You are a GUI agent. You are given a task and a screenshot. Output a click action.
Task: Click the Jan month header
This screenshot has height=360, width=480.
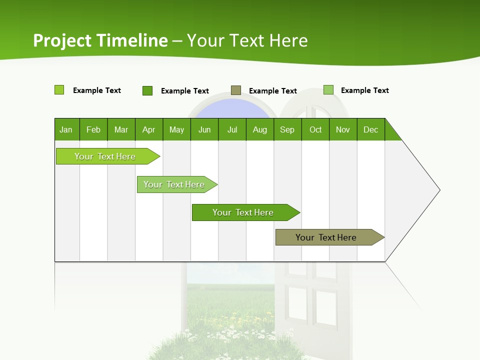(x=66, y=129)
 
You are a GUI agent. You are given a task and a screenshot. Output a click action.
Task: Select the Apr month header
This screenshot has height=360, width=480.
(x=149, y=129)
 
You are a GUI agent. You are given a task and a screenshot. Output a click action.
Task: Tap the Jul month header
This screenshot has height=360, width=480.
(x=232, y=129)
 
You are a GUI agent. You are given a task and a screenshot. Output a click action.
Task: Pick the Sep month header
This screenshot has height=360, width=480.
(x=287, y=129)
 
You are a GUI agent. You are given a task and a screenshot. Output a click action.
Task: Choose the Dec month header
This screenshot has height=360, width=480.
(x=370, y=129)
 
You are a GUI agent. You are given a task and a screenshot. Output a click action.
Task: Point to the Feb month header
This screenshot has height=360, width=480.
(x=93, y=129)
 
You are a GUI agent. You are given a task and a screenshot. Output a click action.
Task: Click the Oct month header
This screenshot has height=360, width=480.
(x=315, y=129)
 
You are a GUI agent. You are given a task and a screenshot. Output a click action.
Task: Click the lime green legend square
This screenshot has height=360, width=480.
(x=59, y=90)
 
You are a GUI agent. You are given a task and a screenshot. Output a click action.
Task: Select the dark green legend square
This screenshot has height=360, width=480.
(x=147, y=90)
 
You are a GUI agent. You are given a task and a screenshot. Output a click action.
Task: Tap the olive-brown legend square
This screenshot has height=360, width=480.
(x=236, y=90)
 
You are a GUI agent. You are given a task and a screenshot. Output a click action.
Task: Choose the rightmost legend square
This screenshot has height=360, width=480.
(x=328, y=90)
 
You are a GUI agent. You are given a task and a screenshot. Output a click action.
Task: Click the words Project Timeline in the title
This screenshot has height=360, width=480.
(x=100, y=40)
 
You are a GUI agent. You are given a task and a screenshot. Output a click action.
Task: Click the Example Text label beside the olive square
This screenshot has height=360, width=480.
(x=272, y=91)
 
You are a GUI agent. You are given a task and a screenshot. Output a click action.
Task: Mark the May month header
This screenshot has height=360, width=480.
(x=176, y=129)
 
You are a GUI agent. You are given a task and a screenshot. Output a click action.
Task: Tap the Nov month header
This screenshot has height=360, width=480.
(x=343, y=129)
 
